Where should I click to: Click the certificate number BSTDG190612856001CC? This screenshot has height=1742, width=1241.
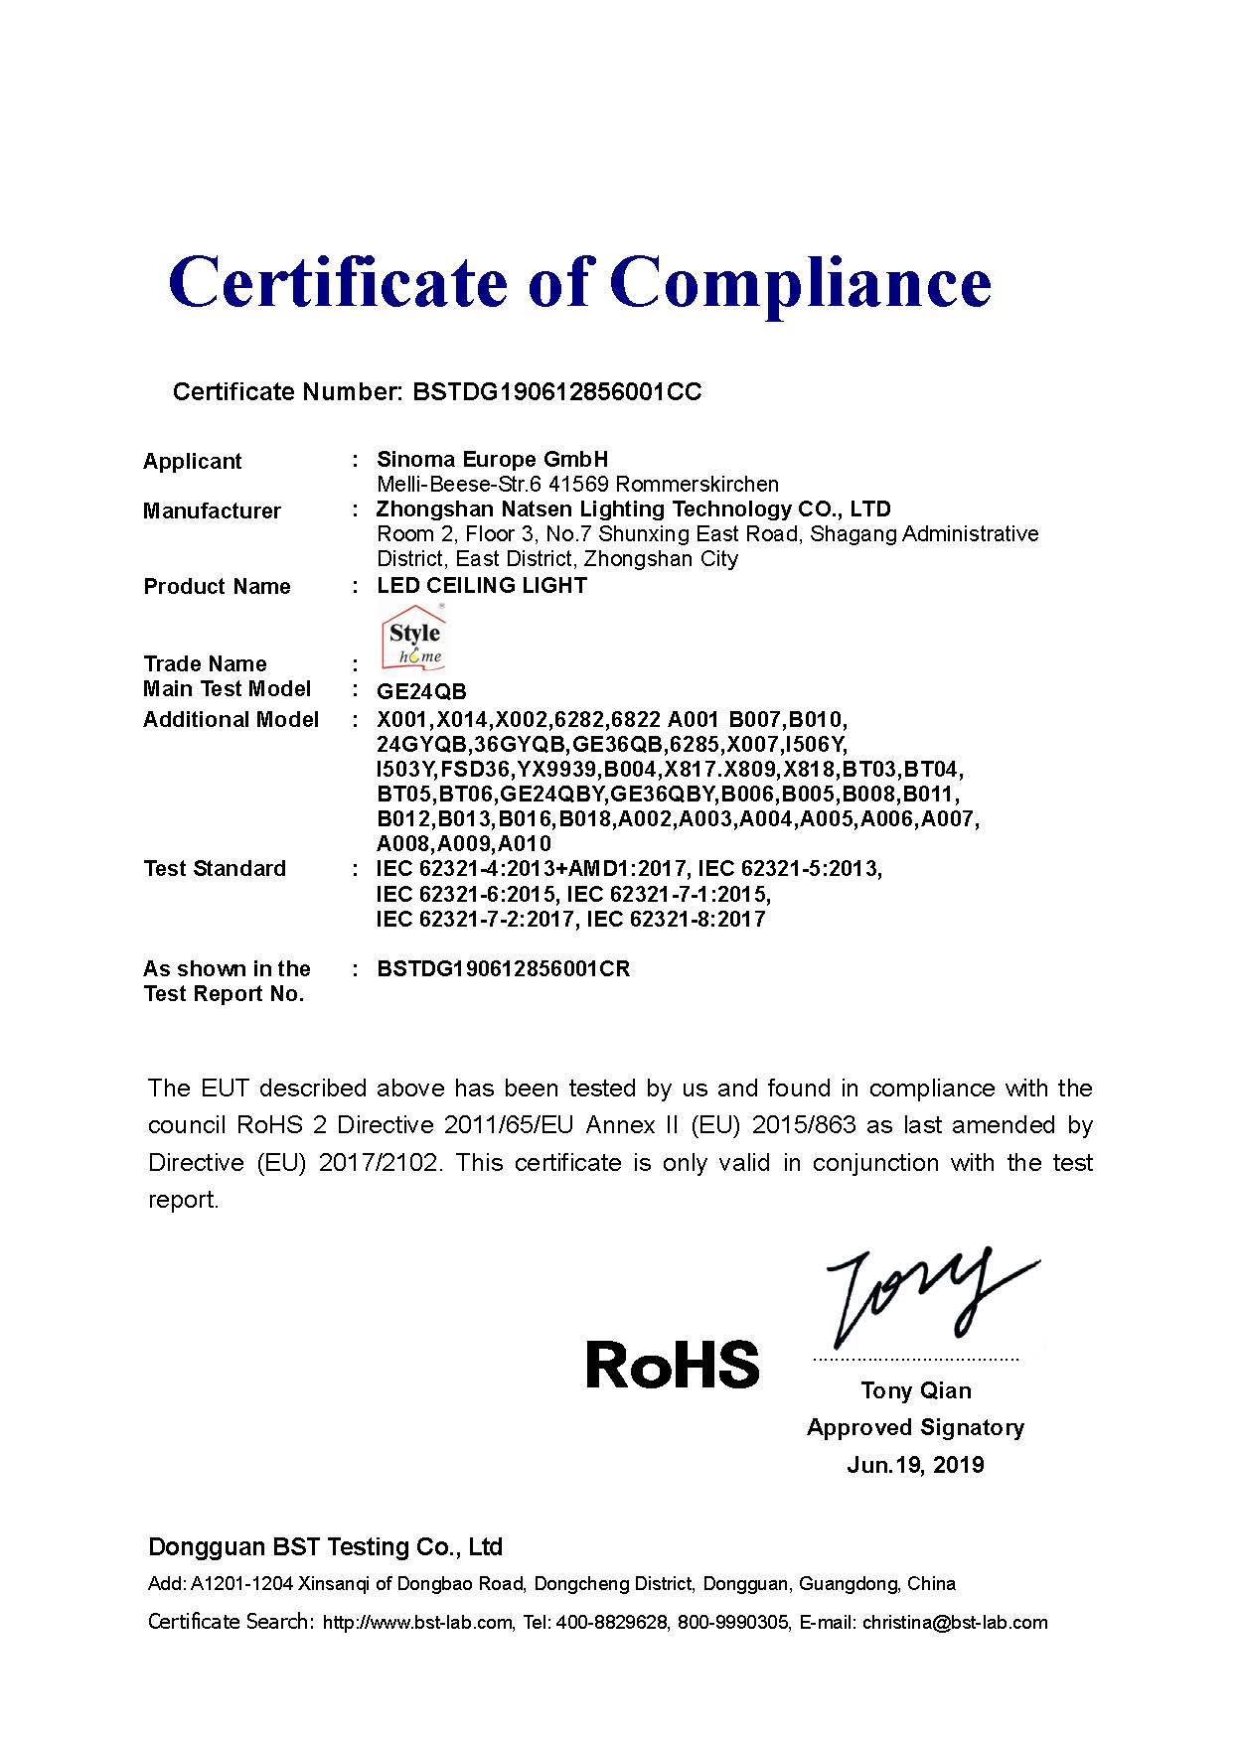click(x=555, y=392)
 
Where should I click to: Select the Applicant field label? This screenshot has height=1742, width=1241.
click(x=192, y=461)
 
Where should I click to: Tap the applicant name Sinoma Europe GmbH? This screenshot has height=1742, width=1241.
click(x=492, y=459)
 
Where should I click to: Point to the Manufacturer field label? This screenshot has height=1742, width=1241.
click(x=212, y=510)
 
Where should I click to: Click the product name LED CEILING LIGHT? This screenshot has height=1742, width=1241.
click(x=482, y=586)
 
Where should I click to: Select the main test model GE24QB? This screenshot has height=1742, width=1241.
click(x=421, y=691)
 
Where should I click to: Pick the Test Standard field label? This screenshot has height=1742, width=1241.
click(x=214, y=869)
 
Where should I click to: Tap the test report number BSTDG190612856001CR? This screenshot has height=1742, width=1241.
click(x=503, y=968)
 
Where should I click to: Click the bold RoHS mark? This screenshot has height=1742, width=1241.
click(x=672, y=1365)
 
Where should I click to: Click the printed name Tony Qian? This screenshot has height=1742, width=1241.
click(x=915, y=1390)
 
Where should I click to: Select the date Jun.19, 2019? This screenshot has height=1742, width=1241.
click(x=915, y=1465)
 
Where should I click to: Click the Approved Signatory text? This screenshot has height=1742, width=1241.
click(x=915, y=1427)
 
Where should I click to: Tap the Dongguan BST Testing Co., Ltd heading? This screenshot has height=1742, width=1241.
click(x=325, y=1547)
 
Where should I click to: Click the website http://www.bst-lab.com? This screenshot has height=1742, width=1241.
click(x=417, y=1623)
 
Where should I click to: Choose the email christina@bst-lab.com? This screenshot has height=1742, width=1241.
click(x=954, y=1623)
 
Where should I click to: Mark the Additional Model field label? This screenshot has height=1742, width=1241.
click(x=231, y=719)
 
